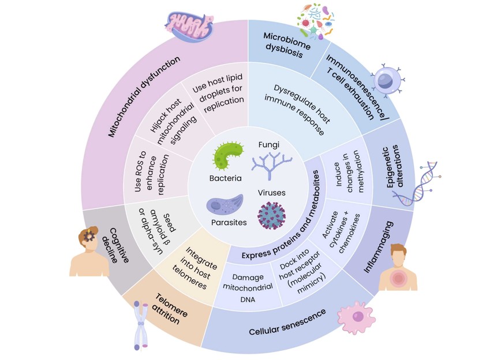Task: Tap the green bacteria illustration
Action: point(229,156)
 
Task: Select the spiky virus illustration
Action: point(271,215)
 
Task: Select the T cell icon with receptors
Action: point(386,80)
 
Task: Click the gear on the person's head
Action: point(89,237)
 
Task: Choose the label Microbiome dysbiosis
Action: point(286,45)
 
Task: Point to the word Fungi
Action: point(266,144)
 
